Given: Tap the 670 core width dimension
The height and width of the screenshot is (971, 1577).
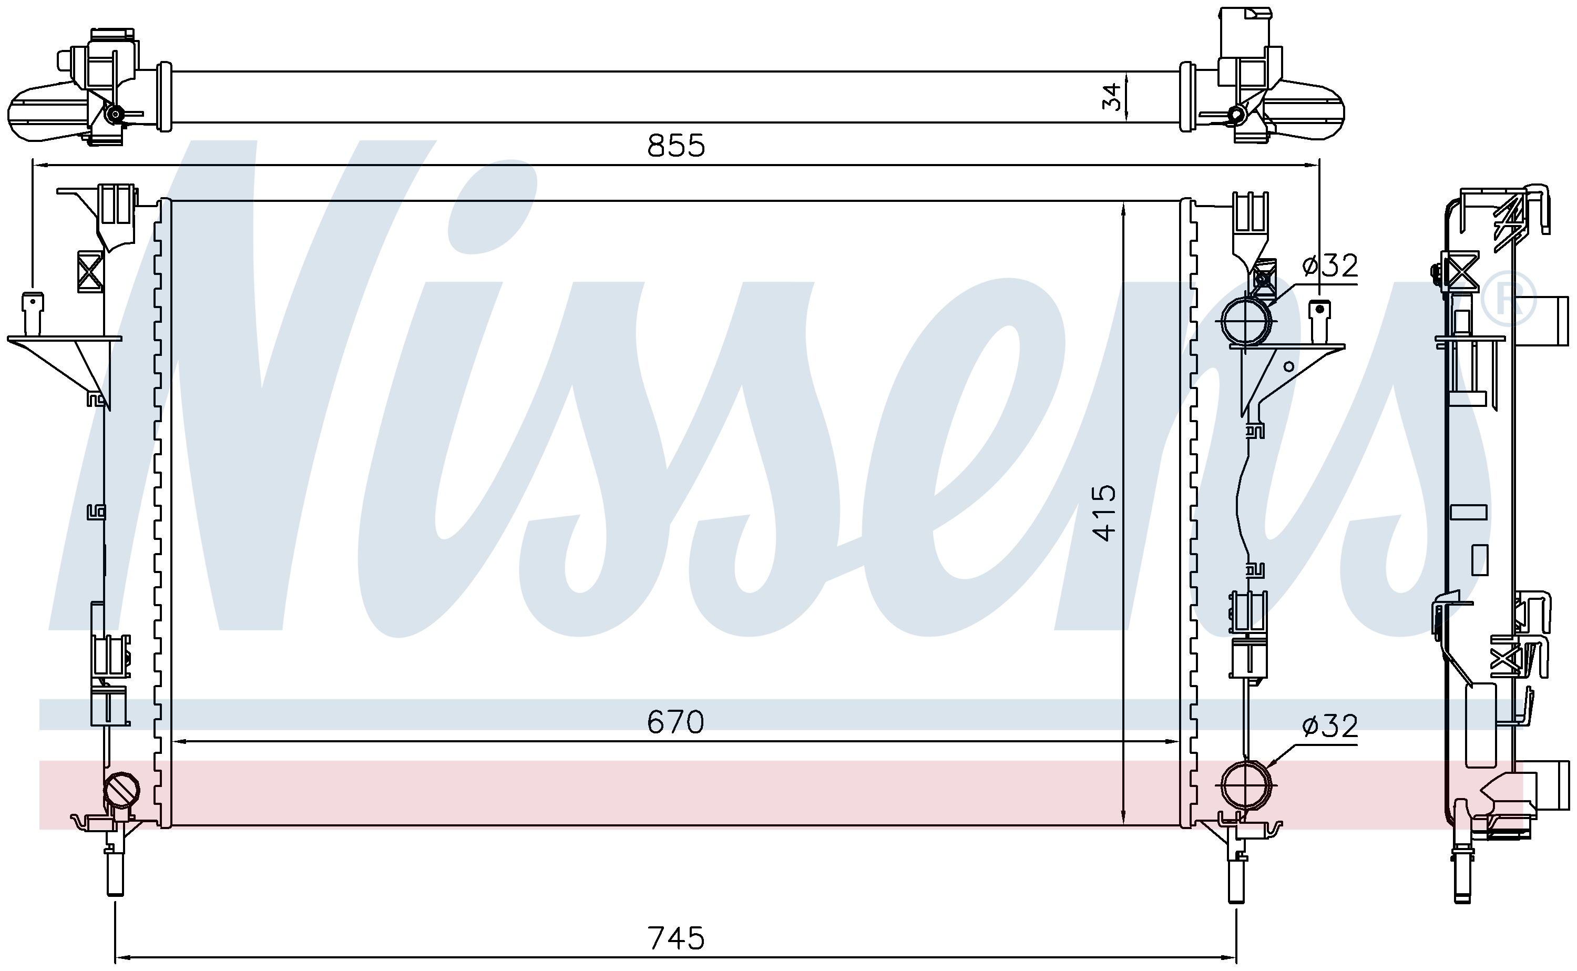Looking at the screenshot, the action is [675, 722].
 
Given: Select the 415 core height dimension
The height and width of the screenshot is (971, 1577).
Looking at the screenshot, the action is [1105, 513].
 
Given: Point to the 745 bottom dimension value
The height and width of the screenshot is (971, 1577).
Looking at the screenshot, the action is [676, 938].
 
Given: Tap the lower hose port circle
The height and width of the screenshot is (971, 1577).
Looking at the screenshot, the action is [1246, 785].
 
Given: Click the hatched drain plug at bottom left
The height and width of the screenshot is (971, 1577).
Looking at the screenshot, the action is [122, 789].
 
